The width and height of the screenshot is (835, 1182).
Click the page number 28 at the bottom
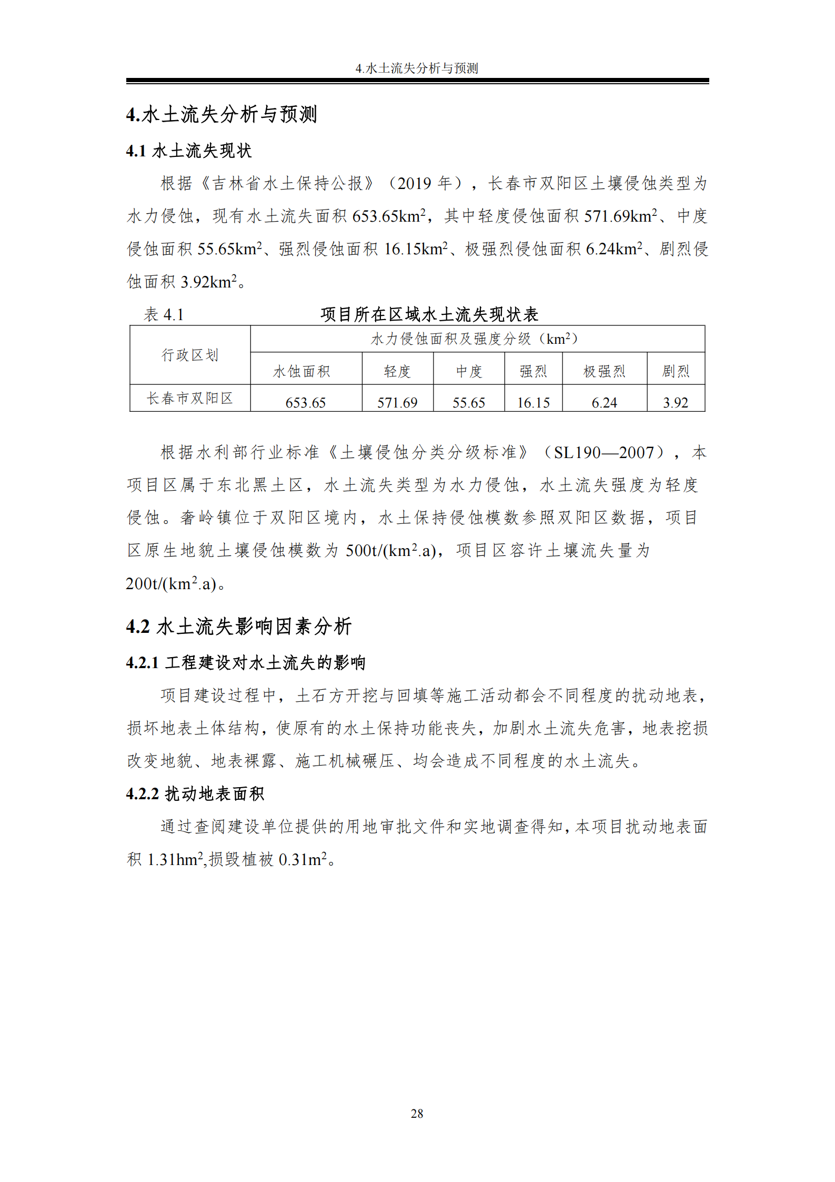coord(417,1113)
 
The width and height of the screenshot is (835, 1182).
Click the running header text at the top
coord(417,68)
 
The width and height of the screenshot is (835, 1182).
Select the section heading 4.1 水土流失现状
coord(189,151)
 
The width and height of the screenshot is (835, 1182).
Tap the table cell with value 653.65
coord(305,403)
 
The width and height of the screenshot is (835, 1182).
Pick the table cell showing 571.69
coord(397,403)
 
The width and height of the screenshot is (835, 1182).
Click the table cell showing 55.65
coord(468,403)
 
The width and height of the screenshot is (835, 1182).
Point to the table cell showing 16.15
coord(533,403)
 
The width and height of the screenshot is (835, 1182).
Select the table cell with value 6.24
coord(604,403)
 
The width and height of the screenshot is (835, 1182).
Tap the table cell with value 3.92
coord(676,403)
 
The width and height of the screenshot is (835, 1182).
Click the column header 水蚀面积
coord(301,372)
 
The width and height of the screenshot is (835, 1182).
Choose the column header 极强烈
coord(604,372)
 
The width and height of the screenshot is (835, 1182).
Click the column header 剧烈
coord(676,372)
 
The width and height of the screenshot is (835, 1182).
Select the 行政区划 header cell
coord(190,355)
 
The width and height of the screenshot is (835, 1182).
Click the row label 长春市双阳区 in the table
coord(190,399)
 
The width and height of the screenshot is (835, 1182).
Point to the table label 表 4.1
coord(164,315)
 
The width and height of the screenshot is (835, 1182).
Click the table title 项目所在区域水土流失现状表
coord(429,315)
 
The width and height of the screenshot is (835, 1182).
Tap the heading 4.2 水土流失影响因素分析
coord(238,627)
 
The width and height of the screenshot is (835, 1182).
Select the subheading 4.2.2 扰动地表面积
coord(195,793)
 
